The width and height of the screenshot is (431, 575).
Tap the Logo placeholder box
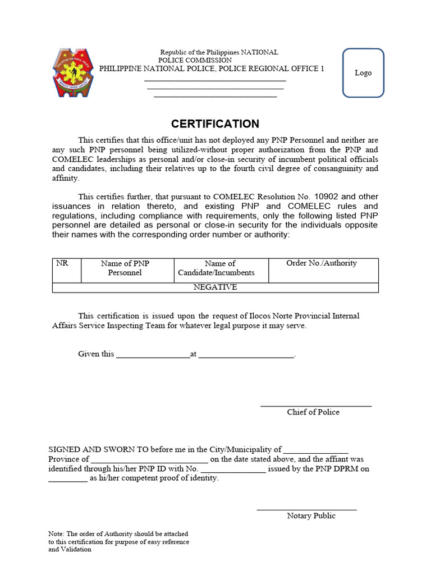[x=363, y=73]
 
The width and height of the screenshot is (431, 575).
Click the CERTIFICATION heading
[x=215, y=124]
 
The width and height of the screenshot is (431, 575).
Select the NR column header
[x=62, y=263]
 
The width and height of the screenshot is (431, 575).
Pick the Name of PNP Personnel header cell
[x=125, y=268]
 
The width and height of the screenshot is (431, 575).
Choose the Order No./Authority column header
[x=321, y=263]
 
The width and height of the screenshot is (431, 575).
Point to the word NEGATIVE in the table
[x=215, y=287]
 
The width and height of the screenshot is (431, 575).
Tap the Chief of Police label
[x=313, y=412]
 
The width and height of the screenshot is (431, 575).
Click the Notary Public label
[x=311, y=515]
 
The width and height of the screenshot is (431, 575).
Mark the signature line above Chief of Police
[x=315, y=405]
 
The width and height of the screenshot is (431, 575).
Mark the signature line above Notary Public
[x=306, y=509]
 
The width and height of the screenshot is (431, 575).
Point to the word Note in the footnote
[x=56, y=533]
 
